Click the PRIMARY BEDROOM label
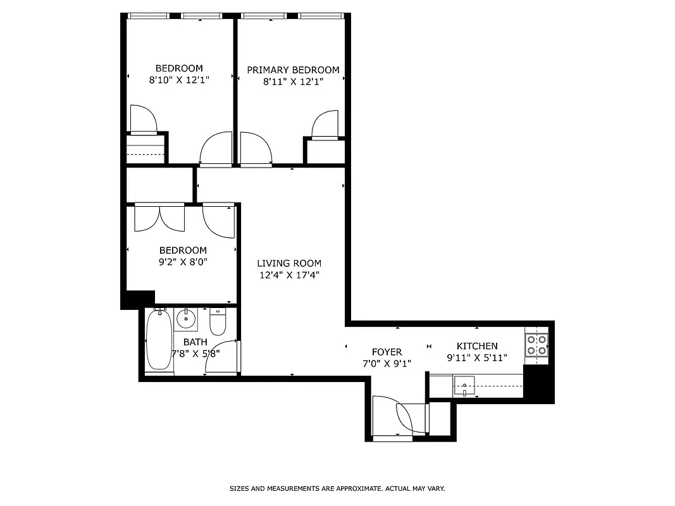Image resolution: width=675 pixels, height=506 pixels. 293,70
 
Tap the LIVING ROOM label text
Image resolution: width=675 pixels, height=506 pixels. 289,263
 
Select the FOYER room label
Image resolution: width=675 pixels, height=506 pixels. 387,352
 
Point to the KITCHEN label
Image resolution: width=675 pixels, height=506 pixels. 477,346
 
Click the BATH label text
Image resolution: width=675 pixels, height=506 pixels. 195,342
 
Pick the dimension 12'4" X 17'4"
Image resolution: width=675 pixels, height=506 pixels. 289,275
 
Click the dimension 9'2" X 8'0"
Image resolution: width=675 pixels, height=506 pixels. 183,262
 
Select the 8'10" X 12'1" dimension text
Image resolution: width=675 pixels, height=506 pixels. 179,80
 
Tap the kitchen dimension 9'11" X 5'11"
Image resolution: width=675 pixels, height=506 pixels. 477,358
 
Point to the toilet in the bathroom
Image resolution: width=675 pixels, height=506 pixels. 218,323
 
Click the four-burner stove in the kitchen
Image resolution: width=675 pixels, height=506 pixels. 536,345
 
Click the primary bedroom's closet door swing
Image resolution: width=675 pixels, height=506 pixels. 327,124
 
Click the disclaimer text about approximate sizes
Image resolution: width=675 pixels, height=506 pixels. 337,488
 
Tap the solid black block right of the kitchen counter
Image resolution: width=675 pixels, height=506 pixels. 539,384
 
